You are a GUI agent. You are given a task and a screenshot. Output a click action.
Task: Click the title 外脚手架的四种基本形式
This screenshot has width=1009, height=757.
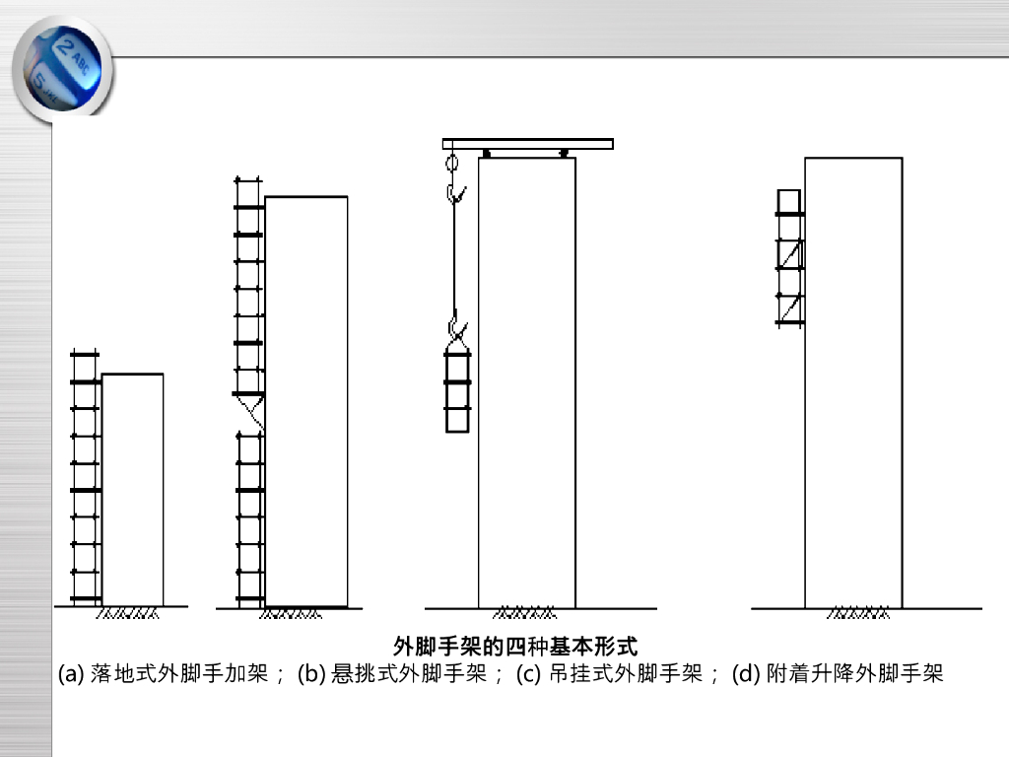(515, 648)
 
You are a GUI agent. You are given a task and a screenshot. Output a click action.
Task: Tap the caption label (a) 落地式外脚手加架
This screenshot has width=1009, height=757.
(164, 675)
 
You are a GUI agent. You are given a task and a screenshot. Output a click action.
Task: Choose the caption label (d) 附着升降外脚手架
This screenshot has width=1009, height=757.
(838, 675)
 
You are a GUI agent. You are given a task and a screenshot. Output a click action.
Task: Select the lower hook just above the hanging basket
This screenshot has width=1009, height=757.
(455, 325)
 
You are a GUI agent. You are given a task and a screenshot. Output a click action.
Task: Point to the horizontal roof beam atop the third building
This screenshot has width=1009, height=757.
(527, 144)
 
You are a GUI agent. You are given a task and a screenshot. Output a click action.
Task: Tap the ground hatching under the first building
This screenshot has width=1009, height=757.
(127, 614)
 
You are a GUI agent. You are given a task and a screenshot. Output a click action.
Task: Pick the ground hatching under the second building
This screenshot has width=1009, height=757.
(290, 614)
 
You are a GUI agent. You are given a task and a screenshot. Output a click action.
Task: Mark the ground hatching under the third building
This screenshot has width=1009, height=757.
(523, 614)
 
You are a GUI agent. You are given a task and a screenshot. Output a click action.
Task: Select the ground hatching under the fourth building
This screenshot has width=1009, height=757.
(858, 614)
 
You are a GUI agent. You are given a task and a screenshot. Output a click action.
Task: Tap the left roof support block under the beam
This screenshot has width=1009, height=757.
(487, 154)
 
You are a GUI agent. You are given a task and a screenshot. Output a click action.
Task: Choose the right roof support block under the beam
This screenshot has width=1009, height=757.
(563, 154)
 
